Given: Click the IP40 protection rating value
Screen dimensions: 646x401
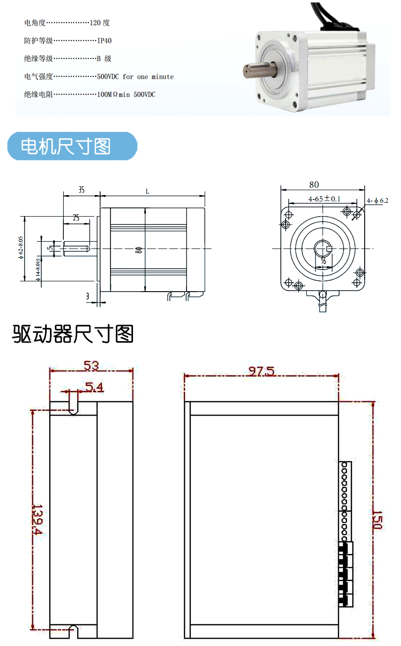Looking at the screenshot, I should [104, 41].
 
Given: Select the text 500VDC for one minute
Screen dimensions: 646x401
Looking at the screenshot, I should [135, 76].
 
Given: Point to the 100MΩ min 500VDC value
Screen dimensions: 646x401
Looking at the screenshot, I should [127, 95].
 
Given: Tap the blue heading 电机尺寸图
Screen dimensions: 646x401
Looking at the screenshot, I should [66, 146].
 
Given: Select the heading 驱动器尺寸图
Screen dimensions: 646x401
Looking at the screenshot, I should [73, 334].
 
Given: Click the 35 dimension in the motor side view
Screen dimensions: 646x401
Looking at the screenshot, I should [81, 189].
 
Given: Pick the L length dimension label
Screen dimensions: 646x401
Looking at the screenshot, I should [147, 192].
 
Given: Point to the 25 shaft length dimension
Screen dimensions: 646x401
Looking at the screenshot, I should [76, 217].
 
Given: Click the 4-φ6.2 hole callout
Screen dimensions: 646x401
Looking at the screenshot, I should [377, 200].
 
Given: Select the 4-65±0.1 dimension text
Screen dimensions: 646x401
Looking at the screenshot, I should [324, 199].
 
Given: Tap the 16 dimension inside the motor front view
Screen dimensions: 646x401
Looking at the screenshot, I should [323, 262].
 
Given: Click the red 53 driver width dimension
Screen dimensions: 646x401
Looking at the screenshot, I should [91, 366].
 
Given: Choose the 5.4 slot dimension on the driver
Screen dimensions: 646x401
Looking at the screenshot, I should [94, 388].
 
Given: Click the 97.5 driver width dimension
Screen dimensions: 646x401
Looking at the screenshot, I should [261, 372].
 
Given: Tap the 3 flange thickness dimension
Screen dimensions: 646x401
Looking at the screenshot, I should [87, 297].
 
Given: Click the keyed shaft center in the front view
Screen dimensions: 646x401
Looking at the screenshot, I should [323, 248].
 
